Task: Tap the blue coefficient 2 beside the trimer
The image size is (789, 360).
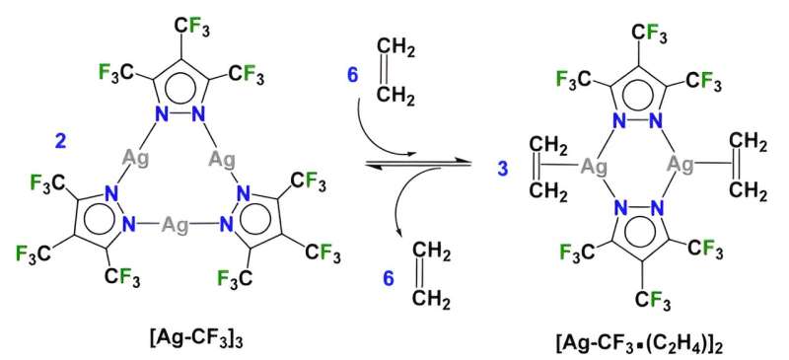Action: [x=61, y=143]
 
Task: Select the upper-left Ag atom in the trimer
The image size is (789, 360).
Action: [x=137, y=157]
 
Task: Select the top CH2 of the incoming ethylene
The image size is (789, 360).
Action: [x=396, y=44]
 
